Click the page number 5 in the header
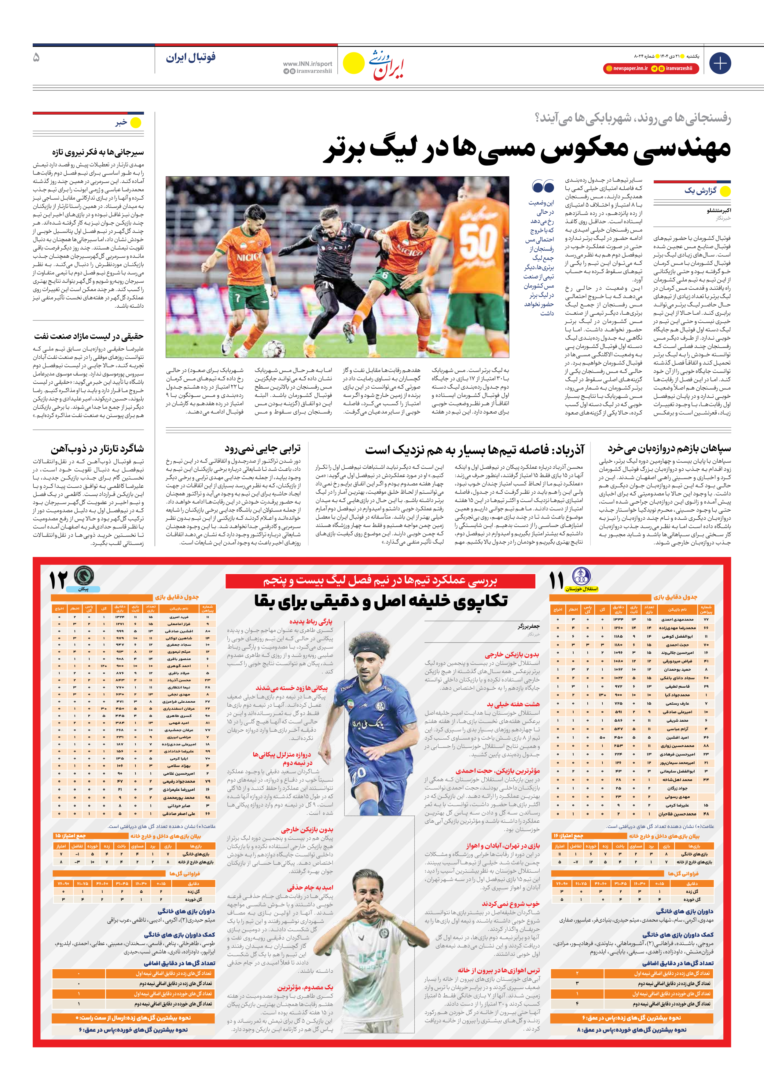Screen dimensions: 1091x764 pyautogui.click(x=37, y=58)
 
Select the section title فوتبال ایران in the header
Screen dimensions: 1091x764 pyautogui.click(x=191, y=58)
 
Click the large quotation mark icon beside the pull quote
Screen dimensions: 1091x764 pyautogui.click(x=543, y=186)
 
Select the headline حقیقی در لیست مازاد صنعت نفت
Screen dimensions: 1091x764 pyautogui.click(x=88, y=336)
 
